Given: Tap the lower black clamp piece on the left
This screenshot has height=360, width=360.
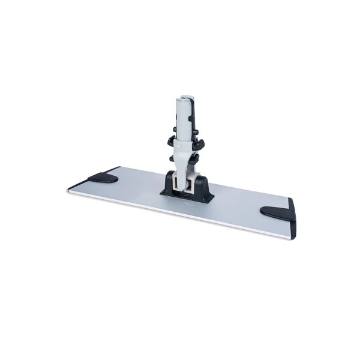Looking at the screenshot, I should point(171,157).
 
